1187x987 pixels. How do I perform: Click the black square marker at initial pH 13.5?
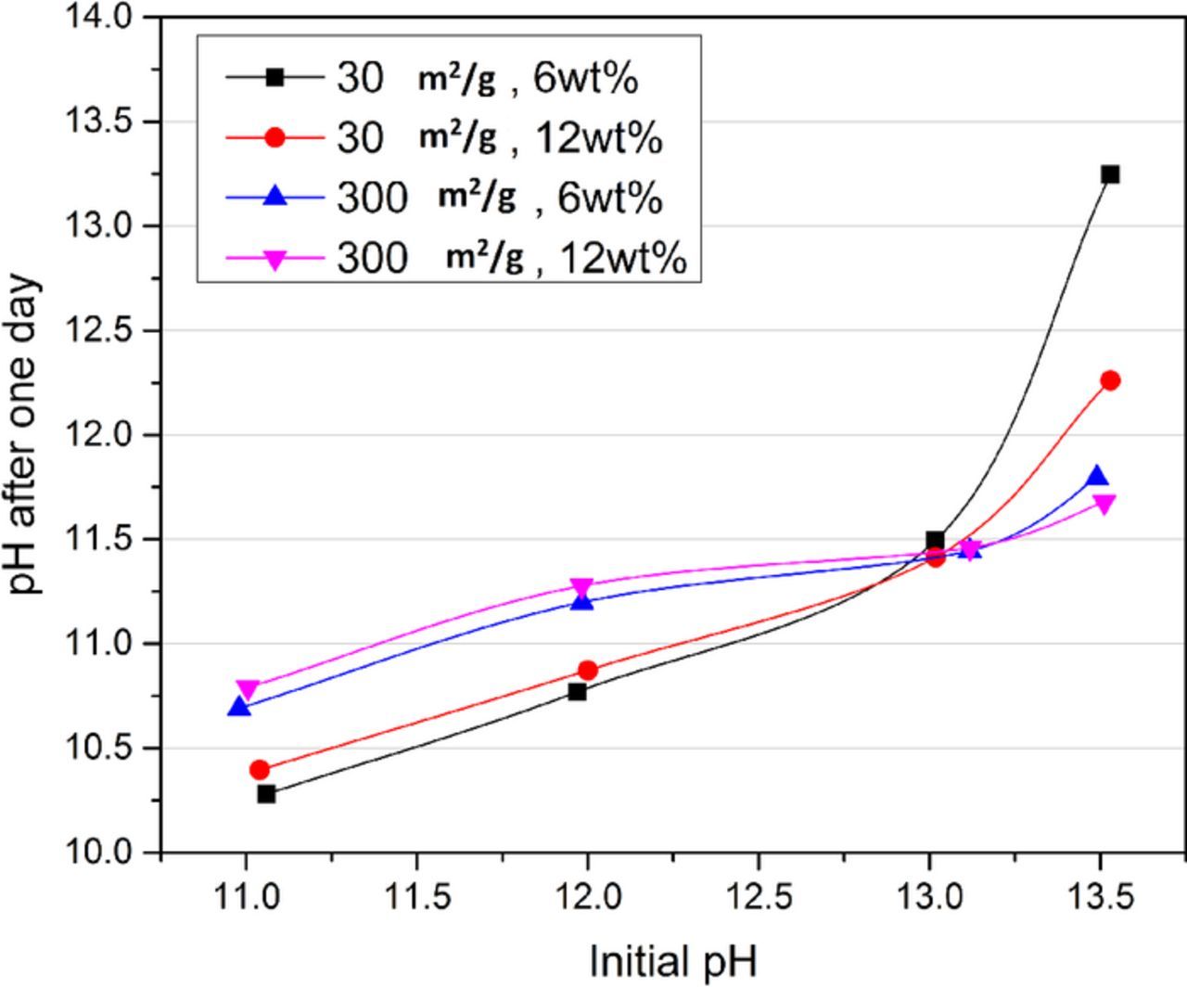click(1110, 174)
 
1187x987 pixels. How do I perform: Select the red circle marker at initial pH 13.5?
click(1110, 380)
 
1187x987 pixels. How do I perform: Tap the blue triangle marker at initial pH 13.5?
click(1097, 478)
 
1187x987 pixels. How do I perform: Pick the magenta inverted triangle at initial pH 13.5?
click(1104, 504)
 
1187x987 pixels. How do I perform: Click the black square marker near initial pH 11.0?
click(266, 794)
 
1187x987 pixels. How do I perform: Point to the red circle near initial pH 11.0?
click(260, 770)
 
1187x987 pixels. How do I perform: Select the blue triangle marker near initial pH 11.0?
click(239, 707)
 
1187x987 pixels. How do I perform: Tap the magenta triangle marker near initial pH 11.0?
click(247, 689)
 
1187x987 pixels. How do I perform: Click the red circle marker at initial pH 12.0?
click(587, 670)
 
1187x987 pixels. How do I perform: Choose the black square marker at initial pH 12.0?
click(577, 691)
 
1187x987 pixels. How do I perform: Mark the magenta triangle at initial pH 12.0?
click(581, 587)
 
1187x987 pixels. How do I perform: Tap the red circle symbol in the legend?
click(274, 137)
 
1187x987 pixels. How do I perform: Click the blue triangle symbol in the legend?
click(274, 197)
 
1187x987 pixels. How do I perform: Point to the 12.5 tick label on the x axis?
click(758, 898)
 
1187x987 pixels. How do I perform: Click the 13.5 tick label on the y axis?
click(101, 122)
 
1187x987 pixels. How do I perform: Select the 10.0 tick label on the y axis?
click(101, 852)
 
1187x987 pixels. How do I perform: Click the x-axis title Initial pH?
click(673, 961)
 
